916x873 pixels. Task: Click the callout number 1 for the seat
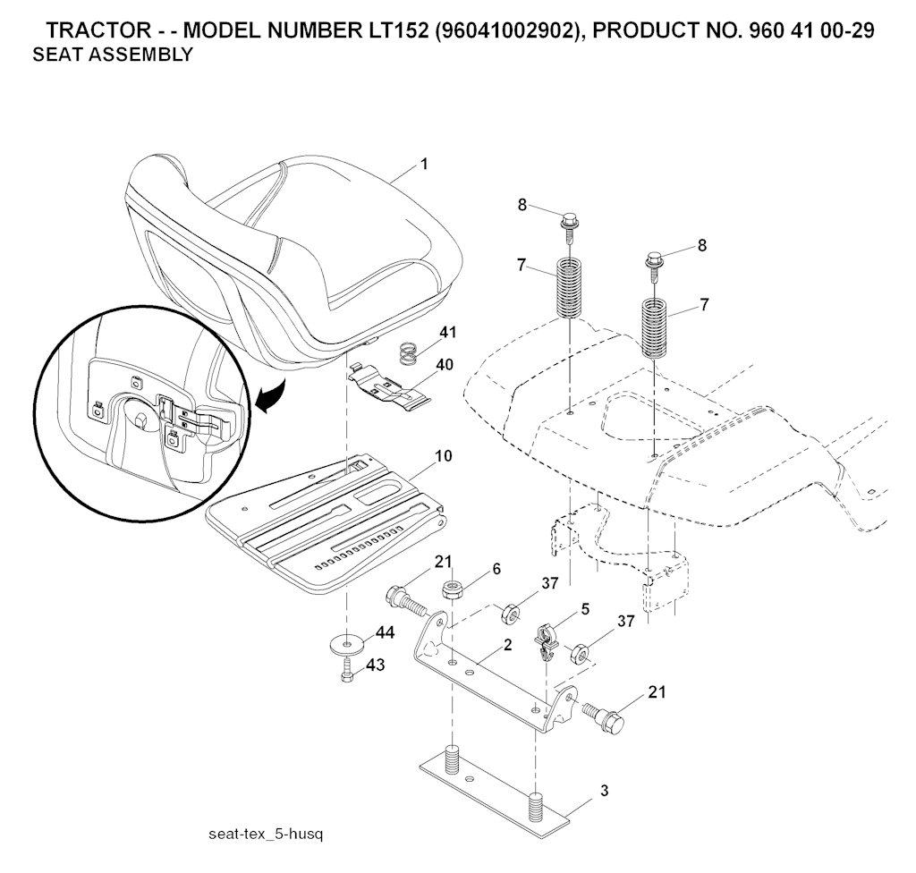[424, 165]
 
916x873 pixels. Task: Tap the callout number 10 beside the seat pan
[444, 456]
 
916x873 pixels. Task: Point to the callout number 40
[445, 365]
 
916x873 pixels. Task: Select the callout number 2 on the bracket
[508, 645]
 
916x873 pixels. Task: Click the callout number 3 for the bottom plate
[604, 791]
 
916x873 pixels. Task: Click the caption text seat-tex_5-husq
[265, 834]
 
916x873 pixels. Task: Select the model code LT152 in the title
[395, 30]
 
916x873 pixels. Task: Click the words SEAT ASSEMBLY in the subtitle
[112, 55]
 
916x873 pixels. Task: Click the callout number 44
[385, 632]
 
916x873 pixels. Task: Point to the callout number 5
[585, 609]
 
